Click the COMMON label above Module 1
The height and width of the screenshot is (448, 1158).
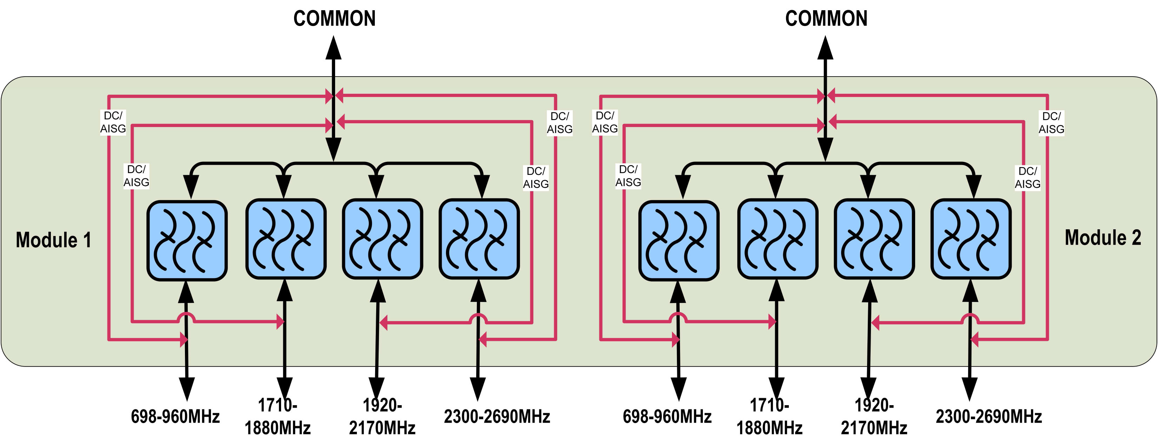334,19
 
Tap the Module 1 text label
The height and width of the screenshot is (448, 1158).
53,240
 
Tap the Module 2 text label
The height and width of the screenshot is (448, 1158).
1103,237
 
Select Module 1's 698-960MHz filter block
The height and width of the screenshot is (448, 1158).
187,241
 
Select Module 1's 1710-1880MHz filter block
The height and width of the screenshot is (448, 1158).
286,239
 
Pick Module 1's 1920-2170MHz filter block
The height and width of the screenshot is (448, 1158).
382,239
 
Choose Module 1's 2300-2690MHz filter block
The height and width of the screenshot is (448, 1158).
479,239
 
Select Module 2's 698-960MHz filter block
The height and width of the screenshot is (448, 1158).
679,241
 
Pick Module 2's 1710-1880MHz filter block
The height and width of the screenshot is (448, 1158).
778,239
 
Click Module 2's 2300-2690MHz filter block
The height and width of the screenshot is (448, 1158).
971,239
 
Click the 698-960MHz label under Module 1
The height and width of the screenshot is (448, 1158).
175,416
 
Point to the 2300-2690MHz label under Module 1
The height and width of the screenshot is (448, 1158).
497,416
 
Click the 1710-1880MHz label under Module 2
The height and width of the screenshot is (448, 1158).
769,416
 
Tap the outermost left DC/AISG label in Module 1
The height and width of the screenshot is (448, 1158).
113,122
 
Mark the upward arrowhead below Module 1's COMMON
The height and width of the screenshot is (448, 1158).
334,48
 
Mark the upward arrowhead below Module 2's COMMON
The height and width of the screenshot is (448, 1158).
825,48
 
